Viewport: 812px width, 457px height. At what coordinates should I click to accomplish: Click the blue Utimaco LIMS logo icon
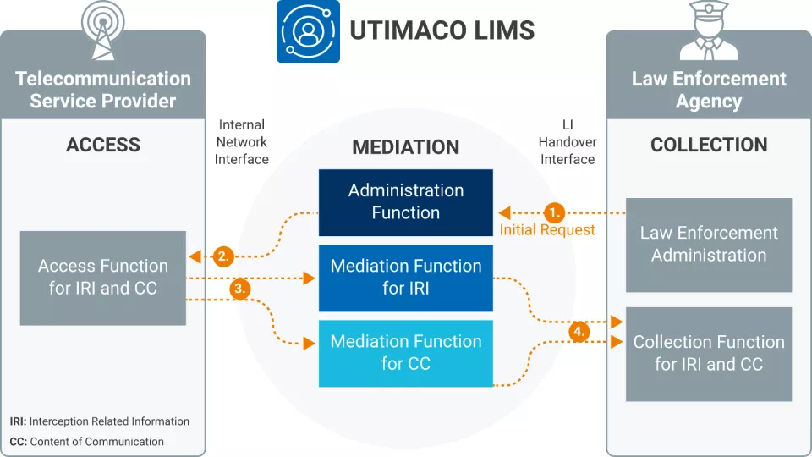pos(308,31)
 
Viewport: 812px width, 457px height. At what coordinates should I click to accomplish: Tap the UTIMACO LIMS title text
pos(442,31)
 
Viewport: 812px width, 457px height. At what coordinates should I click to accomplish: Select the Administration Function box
pos(406,202)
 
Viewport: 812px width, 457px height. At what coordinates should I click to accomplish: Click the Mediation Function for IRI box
pos(406,278)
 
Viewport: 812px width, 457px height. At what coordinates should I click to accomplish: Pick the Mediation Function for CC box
pos(406,353)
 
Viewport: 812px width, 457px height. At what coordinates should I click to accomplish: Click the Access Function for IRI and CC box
pos(102,278)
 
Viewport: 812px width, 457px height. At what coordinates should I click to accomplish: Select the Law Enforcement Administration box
pos(709,245)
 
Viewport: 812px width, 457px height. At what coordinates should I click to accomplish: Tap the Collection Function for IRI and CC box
pos(709,354)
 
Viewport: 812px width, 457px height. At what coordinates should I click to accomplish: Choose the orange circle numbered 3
pos(240,289)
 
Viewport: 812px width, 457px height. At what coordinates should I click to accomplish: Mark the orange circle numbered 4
pos(579,332)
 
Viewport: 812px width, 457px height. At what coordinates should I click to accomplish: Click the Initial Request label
pos(547,230)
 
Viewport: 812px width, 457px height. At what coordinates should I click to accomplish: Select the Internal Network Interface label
pos(242,142)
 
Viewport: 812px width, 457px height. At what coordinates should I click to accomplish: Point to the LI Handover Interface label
pos(567,142)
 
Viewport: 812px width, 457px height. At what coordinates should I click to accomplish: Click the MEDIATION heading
pos(406,147)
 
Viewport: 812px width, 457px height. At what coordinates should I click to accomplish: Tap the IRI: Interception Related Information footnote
pos(100,421)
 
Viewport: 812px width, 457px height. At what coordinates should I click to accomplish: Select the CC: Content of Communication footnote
pos(87,442)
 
